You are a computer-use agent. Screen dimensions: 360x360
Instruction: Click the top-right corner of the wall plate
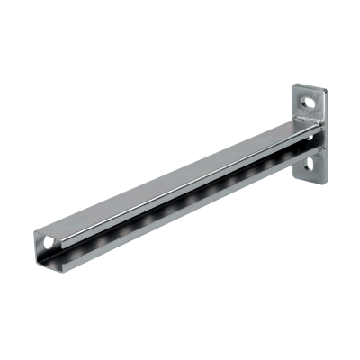[x=321, y=84]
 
